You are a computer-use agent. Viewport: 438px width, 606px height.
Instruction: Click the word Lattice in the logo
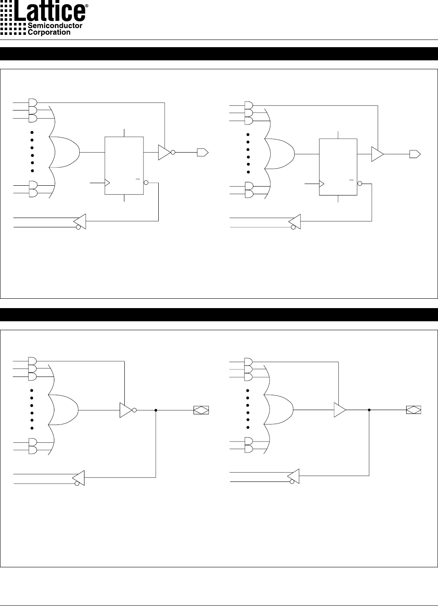click(x=50, y=11)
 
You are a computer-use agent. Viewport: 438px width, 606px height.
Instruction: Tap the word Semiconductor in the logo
click(x=55, y=25)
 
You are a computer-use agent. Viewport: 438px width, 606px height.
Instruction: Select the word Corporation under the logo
click(x=49, y=32)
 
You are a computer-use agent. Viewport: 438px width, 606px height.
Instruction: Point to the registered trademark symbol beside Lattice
click(x=87, y=6)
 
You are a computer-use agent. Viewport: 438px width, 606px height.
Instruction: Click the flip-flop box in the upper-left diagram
click(x=124, y=166)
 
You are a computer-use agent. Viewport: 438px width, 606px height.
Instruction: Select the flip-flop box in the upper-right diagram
click(x=338, y=167)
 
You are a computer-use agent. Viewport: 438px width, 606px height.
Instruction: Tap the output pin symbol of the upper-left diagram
click(x=202, y=152)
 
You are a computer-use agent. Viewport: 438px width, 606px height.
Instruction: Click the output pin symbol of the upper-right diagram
click(x=415, y=154)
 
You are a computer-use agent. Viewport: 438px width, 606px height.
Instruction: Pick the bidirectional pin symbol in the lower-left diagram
click(x=201, y=410)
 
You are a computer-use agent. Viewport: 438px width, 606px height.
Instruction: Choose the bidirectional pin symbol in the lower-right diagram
click(x=414, y=410)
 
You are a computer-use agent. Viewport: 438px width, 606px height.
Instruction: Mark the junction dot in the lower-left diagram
click(x=156, y=411)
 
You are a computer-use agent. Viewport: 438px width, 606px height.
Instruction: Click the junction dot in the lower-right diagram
click(x=369, y=410)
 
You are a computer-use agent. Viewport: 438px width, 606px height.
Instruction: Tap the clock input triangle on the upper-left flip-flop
click(x=107, y=183)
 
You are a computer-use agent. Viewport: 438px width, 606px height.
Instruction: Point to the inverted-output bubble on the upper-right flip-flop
click(x=359, y=184)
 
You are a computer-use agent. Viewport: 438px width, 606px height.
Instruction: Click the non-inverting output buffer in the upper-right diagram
click(x=377, y=154)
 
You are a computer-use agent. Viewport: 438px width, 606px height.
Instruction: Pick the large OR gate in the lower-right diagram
click(x=278, y=410)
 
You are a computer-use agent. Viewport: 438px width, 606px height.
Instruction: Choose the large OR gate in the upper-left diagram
click(x=65, y=152)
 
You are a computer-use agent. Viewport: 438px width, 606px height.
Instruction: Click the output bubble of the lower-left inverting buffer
click(x=134, y=411)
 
